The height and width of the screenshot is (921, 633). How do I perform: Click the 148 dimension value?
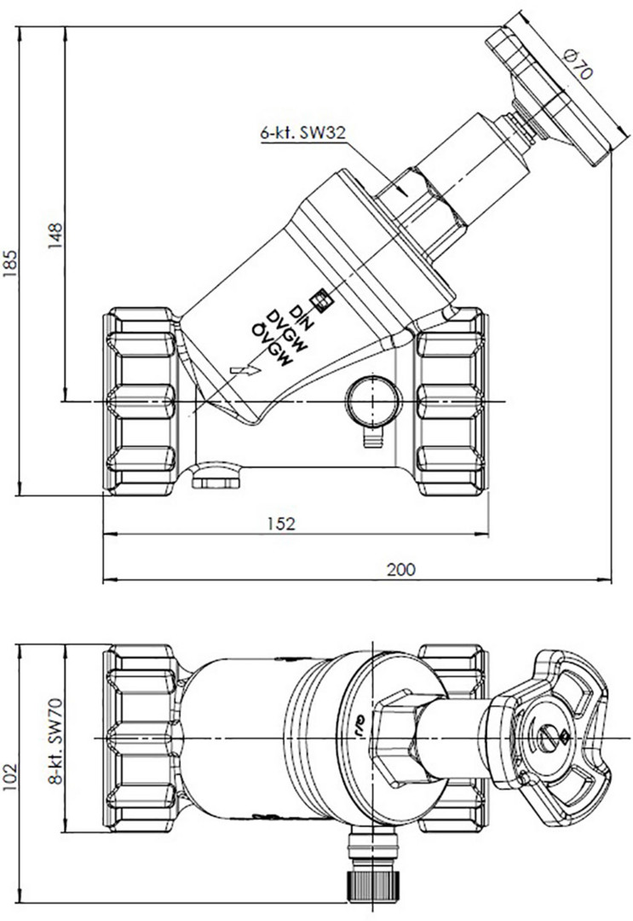tap(55, 235)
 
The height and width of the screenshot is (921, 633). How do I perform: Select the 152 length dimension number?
tap(282, 524)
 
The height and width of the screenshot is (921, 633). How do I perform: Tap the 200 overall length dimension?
tap(402, 569)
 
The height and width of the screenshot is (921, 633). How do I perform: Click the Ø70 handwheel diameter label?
tap(578, 64)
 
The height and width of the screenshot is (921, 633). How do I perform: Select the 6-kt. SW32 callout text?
tap(302, 133)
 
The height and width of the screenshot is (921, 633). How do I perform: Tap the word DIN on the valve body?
tap(303, 316)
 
